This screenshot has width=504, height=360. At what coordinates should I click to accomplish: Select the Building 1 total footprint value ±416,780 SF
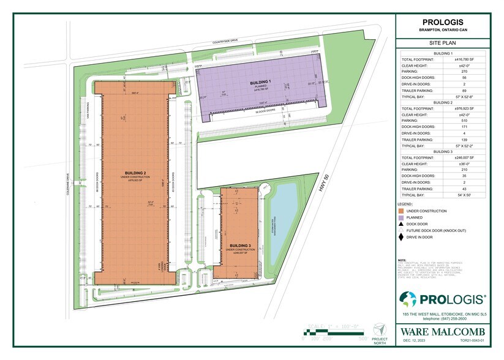465,59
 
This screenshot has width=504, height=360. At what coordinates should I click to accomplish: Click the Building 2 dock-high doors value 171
465,127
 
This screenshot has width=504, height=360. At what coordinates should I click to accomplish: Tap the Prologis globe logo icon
408,299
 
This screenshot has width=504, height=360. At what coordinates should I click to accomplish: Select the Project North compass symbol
380,329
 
